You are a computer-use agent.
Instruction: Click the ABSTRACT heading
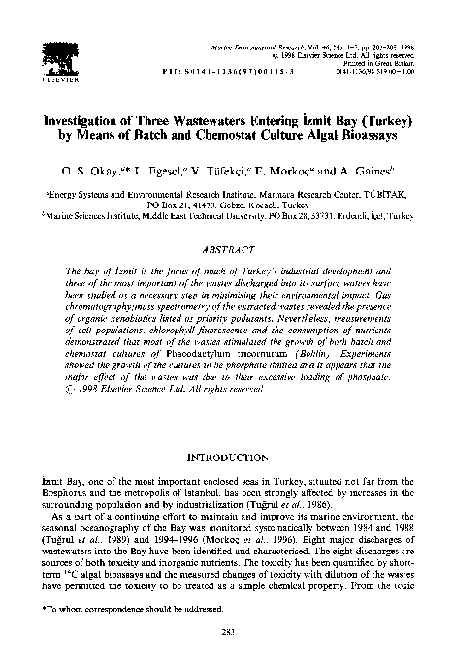[227, 250]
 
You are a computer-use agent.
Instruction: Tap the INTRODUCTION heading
[227, 455]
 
